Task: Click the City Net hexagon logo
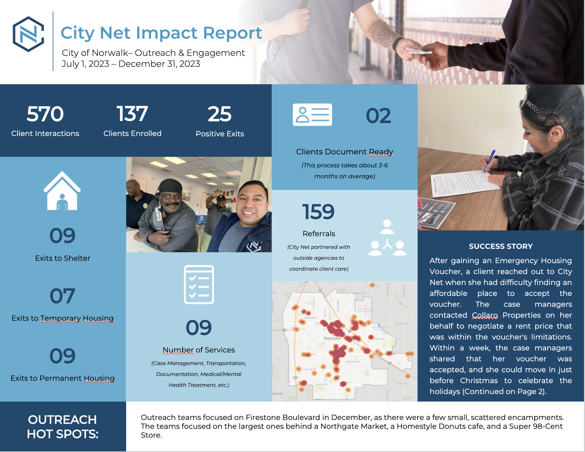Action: pyautogui.click(x=28, y=34)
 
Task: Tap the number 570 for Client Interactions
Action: pyautogui.click(x=45, y=114)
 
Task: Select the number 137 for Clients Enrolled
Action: pyautogui.click(x=132, y=114)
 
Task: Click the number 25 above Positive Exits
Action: pyautogui.click(x=220, y=114)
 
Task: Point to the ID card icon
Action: pyautogui.click(x=312, y=115)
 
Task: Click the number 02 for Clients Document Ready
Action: pyautogui.click(x=378, y=116)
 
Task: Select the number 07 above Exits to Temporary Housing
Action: pyautogui.click(x=62, y=296)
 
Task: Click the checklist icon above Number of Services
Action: pyautogui.click(x=199, y=284)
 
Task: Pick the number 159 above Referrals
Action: pyautogui.click(x=318, y=212)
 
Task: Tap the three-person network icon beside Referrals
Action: pyautogui.click(x=387, y=238)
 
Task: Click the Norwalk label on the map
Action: pyautogui.click(x=332, y=338)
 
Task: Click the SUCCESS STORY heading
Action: pyautogui.click(x=500, y=246)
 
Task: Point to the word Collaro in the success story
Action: pyautogui.click(x=484, y=315)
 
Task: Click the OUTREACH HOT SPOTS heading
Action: pyautogui.click(x=63, y=427)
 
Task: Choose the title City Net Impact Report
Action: pyautogui.click(x=161, y=33)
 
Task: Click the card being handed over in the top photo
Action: pyautogui.click(x=420, y=51)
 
